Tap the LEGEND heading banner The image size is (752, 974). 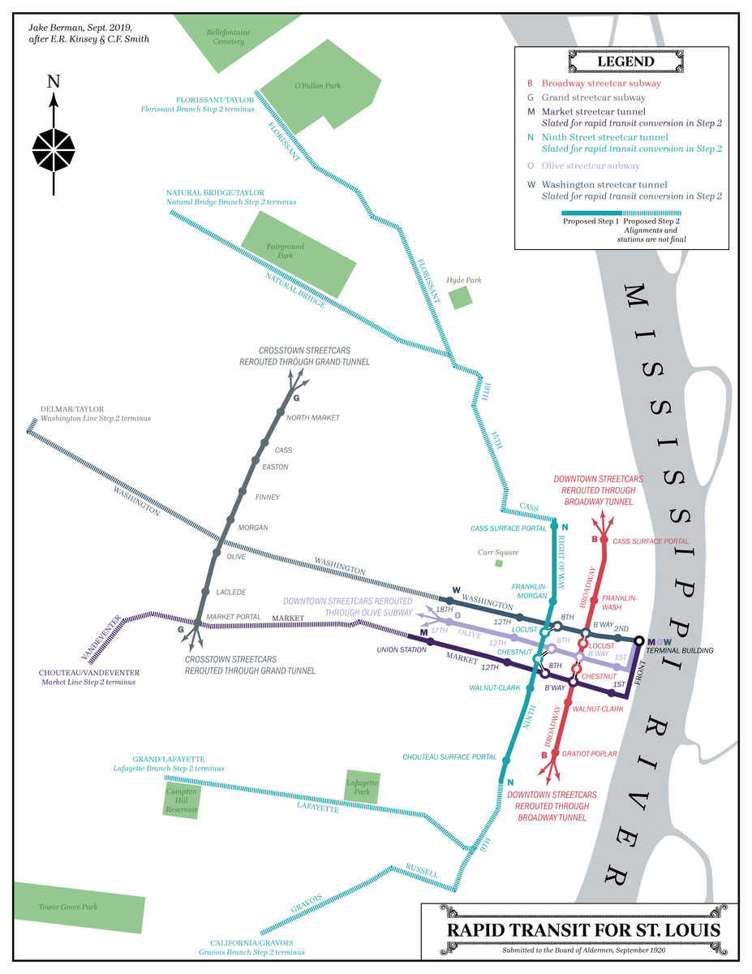pyautogui.click(x=625, y=62)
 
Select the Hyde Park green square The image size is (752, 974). pyautogui.click(x=462, y=297)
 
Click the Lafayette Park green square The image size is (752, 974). pyautogui.click(x=363, y=787)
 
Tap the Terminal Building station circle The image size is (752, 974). pyautogui.click(x=639, y=641)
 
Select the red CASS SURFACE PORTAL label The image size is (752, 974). pyautogui.click(x=651, y=541)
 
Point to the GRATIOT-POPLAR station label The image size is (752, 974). pyautogui.click(x=588, y=754)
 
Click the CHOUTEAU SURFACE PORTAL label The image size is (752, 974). pyautogui.click(x=449, y=757)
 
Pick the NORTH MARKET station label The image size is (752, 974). pyautogui.click(x=313, y=418)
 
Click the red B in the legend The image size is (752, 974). pyautogui.click(x=530, y=83)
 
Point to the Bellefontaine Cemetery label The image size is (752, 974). pyautogui.click(x=225, y=37)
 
